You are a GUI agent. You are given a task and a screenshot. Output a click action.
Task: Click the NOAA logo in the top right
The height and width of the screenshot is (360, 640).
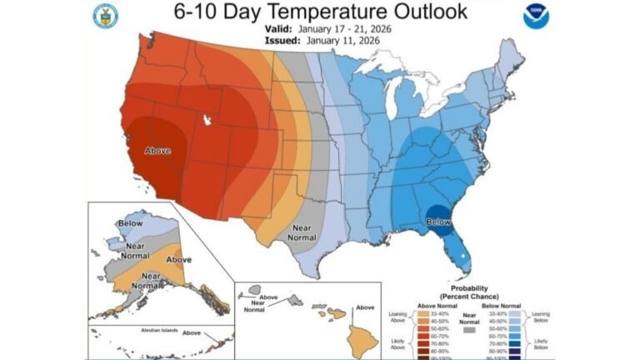pos(535,17)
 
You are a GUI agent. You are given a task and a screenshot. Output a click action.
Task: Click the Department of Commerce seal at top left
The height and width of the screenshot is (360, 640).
pos(106,16)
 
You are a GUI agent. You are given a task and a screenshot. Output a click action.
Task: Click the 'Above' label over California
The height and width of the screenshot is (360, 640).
pos(157,151)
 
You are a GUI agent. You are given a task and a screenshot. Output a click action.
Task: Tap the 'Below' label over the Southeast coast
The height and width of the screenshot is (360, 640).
pos(438,222)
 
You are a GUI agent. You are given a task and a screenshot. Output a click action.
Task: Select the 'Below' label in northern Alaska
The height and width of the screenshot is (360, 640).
pos(130,223)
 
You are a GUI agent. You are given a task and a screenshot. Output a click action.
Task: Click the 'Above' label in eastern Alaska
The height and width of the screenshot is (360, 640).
pos(179,259)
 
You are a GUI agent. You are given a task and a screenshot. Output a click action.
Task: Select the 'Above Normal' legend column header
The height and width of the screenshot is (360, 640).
pos(424,304)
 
